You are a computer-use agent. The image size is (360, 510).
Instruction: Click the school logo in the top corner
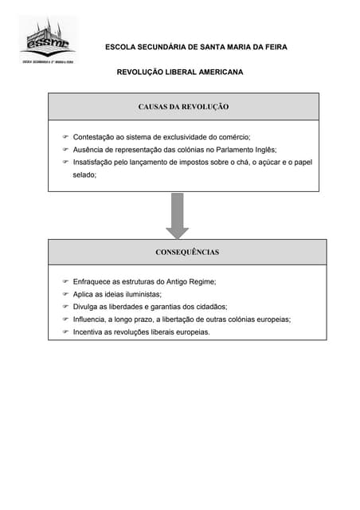(x=48, y=39)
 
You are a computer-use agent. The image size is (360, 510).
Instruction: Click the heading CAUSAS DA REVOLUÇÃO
(x=183, y=106)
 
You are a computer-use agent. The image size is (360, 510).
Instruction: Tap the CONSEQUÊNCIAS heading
(x=187, y=252)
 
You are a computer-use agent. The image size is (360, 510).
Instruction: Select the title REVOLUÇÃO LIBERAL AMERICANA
(x=180, y=72)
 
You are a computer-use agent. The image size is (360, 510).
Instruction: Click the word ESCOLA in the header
(x=120, y=47)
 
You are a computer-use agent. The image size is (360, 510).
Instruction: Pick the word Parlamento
(x=225, y=149)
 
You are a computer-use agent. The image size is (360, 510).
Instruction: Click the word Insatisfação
(x=96, y=161)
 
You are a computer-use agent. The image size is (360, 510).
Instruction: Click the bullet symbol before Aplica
(x=65, y=294)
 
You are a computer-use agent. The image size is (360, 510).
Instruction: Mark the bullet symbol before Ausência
(x=65, y=149)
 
